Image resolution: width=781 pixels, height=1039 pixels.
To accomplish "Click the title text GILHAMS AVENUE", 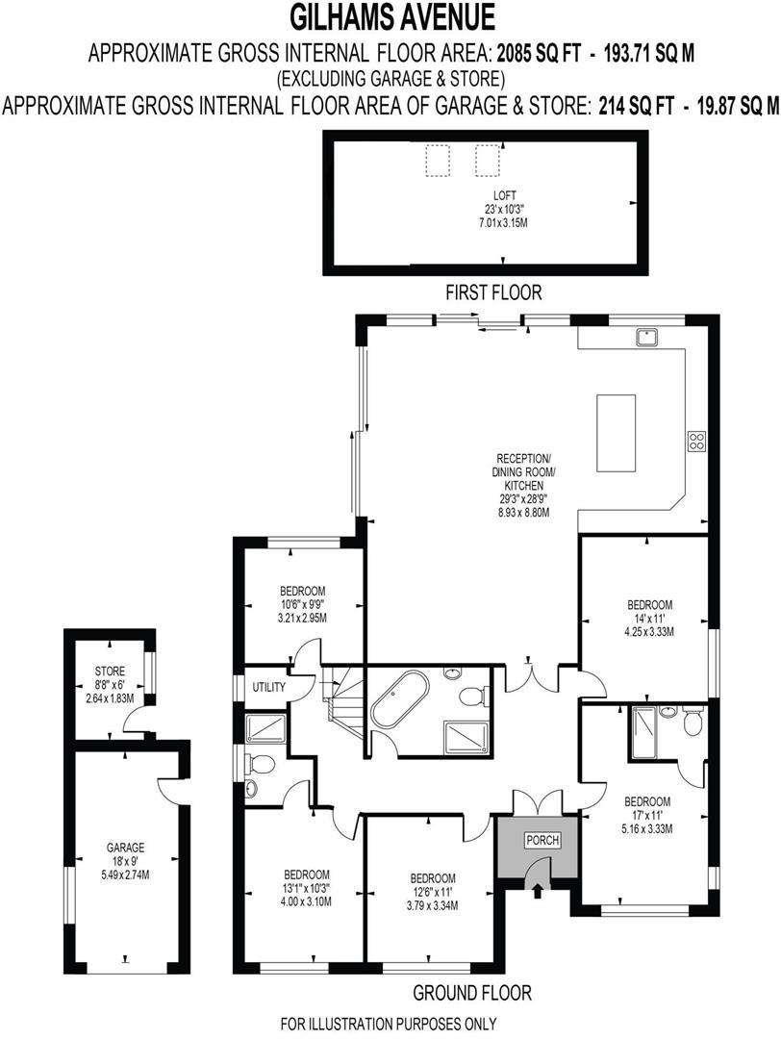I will [390, 17].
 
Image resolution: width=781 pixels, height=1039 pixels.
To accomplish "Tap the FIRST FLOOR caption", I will [492, 291].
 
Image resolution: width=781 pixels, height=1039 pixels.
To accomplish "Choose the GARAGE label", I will [125, 848].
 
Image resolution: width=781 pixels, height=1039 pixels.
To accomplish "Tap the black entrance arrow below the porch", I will [536, 892].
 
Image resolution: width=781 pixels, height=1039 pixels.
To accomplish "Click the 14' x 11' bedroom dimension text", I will [650, 619].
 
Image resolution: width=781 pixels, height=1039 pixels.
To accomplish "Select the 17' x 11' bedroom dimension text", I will [646, 815].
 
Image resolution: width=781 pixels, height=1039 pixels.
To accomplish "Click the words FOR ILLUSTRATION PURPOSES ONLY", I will [389, 1023].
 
